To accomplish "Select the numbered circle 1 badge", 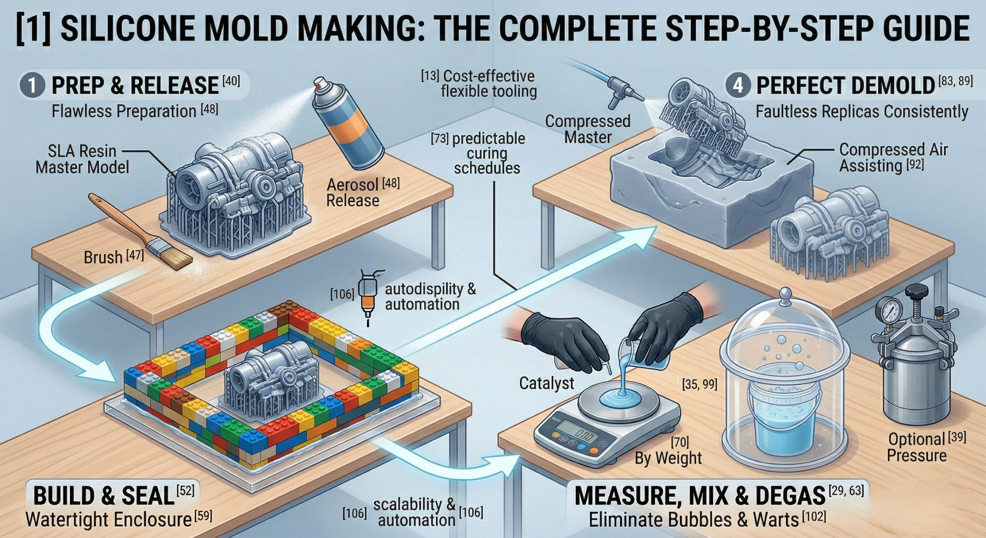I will pos(32,85).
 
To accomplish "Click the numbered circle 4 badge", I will pos(738,85).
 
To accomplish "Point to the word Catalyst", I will pos(546,383).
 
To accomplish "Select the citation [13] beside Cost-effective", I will pos(430,76).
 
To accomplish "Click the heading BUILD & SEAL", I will pos(104,496).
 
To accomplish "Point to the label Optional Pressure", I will pos(917,447).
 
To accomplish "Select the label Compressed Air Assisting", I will pos(893,158).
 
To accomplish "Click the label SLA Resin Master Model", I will pos(82,159).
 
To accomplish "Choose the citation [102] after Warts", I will pos(814,517).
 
